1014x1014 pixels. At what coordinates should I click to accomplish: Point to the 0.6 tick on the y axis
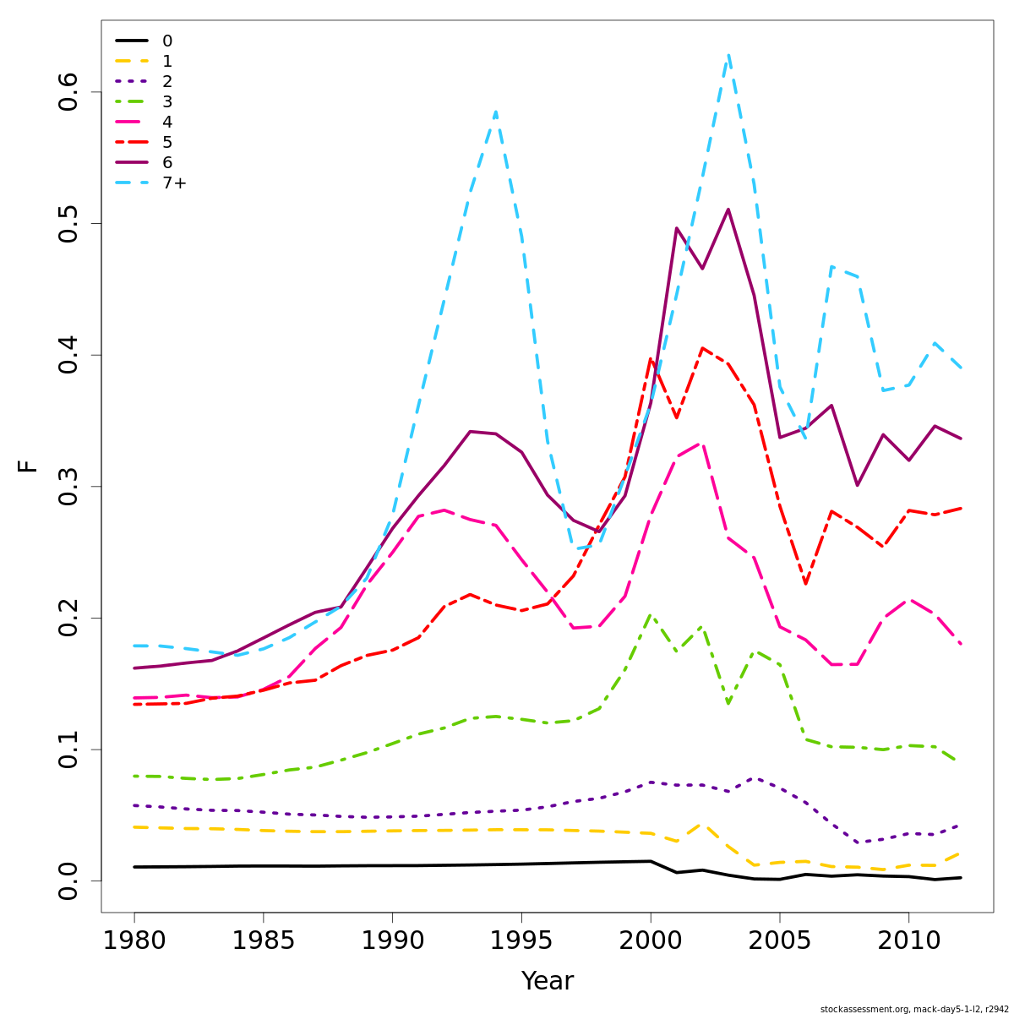point(68,91)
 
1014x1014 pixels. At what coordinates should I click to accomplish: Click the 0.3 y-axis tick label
point(68,486)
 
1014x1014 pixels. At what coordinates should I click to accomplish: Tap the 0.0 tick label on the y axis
point(68,880)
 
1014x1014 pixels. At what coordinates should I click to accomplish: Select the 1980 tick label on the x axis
point(134,940)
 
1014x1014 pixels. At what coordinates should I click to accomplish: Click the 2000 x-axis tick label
point(651,940)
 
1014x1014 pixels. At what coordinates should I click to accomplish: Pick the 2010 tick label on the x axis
point(908,940)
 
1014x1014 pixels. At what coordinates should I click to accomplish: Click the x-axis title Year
point(547,981)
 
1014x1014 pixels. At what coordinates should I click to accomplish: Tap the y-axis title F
point(28,466)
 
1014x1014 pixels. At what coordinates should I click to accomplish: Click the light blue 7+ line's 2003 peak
point(728,56)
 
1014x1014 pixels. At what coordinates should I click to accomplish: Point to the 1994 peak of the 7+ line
point(495,112)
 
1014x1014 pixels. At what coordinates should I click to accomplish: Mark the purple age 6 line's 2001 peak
point(676,228)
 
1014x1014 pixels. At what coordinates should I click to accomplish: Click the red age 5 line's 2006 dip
point(805,584)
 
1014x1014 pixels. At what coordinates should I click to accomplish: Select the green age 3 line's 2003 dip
point(728,703)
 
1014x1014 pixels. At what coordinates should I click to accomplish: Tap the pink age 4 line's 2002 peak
point(702,443)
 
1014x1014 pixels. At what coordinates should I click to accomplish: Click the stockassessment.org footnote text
point(914,1009)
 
